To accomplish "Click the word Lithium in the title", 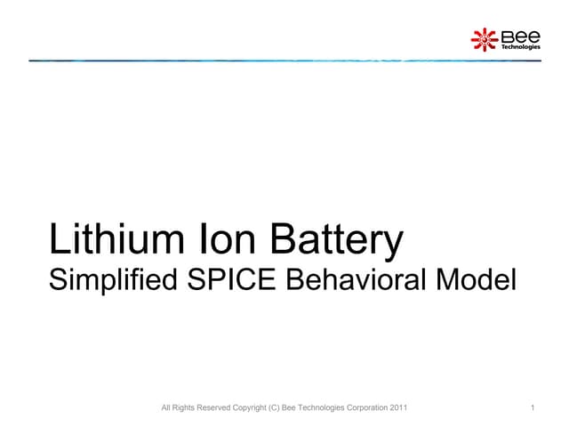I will pyautogui.click(x=104, y=241).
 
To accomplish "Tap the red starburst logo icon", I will pyautogui.click(x=485, y=39).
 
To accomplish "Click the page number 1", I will pyautogui.click(x=531, y=408).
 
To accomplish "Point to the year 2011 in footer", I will pyautogui.click(x=398, y=408).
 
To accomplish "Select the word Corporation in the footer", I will pyautogui.click(x=363, y=408).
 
